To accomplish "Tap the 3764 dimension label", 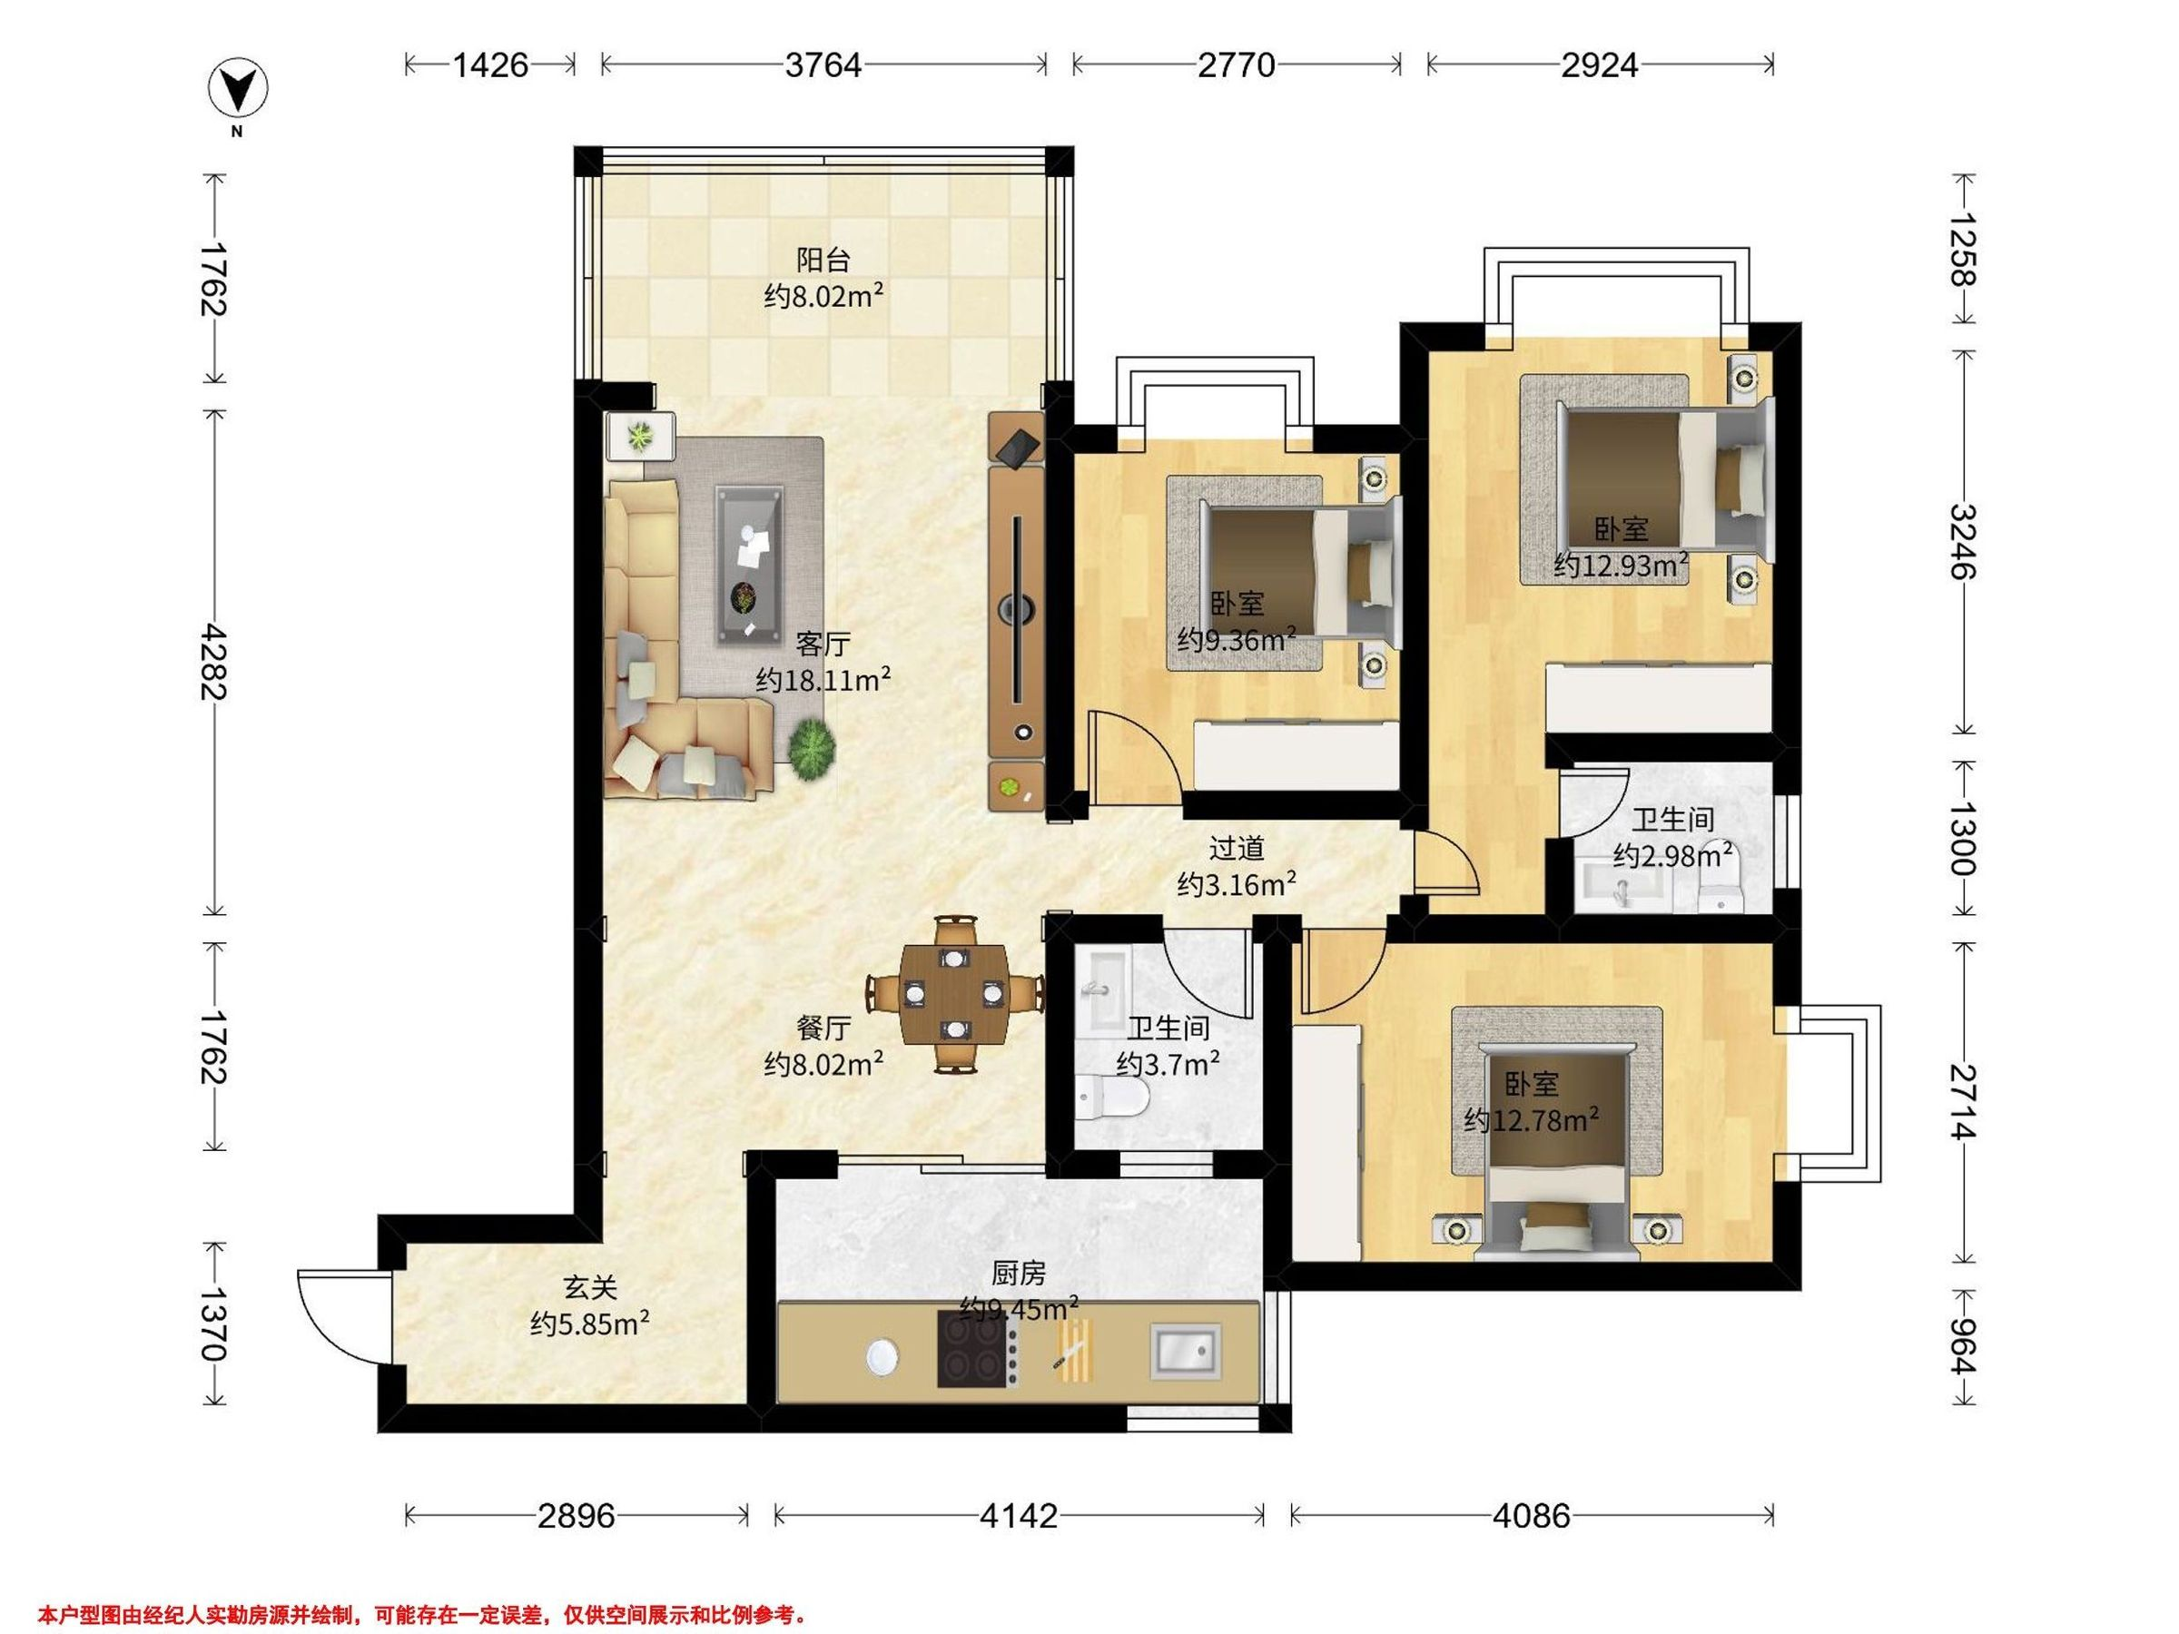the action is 823,65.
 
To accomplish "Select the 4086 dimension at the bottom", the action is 1531,1515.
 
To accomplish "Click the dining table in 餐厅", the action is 954,993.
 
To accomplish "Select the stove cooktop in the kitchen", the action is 971,1352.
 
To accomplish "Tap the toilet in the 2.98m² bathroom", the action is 1721,873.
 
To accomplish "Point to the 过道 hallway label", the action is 1237,848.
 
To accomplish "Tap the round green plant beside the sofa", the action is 813,749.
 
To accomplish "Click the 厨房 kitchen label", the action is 1018,1275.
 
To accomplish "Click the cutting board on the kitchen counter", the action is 1075,1351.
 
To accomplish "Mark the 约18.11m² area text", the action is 823,680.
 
